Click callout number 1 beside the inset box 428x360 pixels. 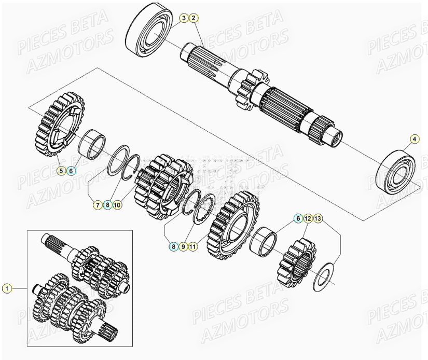pyautogui.click(x=6, y=288)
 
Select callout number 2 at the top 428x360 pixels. pyautogui.click(x=193, y=19)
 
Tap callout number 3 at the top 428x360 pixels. pyautogui.click(x=184, y=19)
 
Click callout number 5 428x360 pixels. pyautogui.click(x=61, y=170)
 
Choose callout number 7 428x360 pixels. pyautogui.click(x=98, y=205)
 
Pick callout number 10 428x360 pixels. pyautogui.click(x=117, y=205)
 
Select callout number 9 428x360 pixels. pyautogui.click(x=183, y=247)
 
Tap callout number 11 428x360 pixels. pyautogui.click(x=193, y=247)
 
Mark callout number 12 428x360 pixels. pyautogui.click(x=308, y=219)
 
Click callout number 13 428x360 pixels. pyautogui.click(x=317, y=219)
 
